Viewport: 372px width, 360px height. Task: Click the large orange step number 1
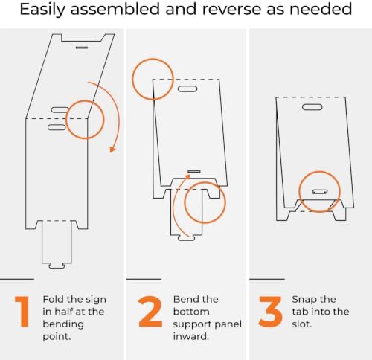point(23,311)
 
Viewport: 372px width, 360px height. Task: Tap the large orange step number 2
point(150,311)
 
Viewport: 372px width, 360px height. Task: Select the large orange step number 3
point(270,312)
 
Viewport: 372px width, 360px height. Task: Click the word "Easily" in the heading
point(42,9)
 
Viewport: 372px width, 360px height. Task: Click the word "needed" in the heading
point(321,9)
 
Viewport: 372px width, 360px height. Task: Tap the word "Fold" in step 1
point(52,299)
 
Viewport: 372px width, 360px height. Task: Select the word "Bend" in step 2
point(185,299)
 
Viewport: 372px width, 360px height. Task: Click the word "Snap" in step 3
point(303,300)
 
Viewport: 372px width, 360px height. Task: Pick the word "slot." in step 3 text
point(302,324)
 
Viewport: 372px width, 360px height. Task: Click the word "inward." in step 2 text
point(191,336)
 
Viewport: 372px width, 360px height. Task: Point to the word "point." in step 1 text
point(57,337)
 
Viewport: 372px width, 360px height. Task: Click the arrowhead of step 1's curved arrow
point(112,150)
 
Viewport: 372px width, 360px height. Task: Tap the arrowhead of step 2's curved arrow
point(187,176)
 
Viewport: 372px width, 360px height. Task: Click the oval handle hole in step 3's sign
point(312,107)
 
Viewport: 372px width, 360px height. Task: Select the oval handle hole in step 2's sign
point(187,89)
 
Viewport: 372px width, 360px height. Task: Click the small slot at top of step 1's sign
point(82,48)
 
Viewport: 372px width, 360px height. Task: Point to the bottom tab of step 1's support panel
point(57,266)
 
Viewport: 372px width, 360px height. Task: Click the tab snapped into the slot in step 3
point(320,192)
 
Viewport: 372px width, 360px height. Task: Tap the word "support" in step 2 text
point(192,324)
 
